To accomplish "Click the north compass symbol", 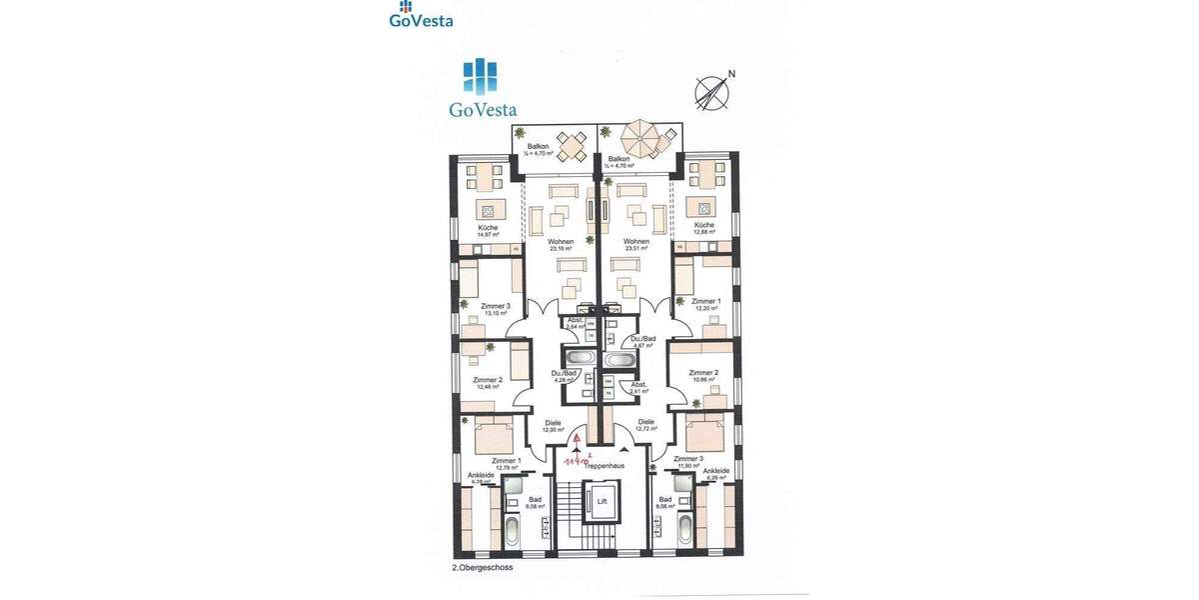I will (x=713, y=91).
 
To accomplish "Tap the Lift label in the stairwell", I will (x=601, y=503).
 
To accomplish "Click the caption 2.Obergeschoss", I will (x=483, y=568).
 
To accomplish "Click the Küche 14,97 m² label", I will (x=488, y=231).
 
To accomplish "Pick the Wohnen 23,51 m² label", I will (x=636, y=245).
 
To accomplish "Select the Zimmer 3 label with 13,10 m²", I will (x=496, y=309).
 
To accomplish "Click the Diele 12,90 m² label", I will (x=553, y=425).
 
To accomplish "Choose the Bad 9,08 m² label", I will (x=535, y=503).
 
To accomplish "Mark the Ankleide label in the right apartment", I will (x=715, y=474).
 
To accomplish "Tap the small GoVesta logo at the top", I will (x=421, y=15).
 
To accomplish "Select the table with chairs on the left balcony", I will (x=572, y=148).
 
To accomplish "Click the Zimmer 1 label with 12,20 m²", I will (x=705, y=304).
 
